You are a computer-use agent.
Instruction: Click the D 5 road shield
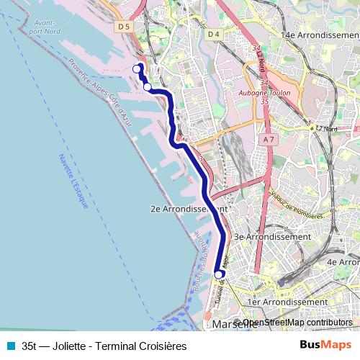125,27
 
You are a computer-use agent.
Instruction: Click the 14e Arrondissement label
318,35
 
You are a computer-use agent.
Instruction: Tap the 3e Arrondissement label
273,236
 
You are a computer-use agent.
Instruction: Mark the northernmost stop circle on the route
137,68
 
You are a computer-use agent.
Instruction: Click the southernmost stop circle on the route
220,274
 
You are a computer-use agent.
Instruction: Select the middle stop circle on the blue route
148,87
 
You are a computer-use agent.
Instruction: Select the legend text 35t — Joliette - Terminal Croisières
104,346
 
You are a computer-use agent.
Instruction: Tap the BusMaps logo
325,345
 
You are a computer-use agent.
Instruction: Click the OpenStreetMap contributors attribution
296,323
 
